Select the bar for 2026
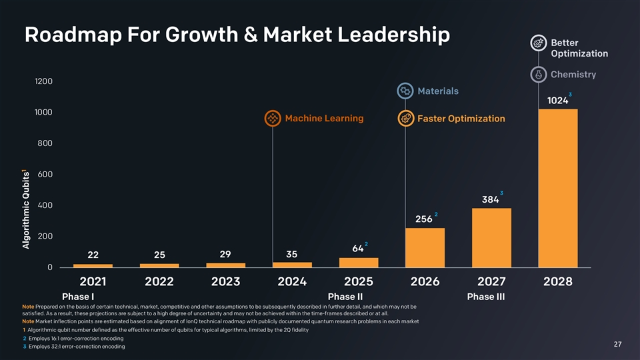(x=425, y=247)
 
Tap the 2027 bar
(x=491, y=237)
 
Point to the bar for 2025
(x=358, y=262)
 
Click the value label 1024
(x=557, y=101)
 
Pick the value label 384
(x=490, y=200)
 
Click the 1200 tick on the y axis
(x=44, y=81)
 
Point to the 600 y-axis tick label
(x=46, y=174)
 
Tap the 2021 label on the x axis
(x=93, y=281)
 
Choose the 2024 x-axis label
(x=292, y=281)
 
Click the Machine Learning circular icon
(x=272, y=119)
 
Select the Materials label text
(x=437, y=91)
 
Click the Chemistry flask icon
(x=539, y=74)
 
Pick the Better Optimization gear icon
(x=539, y=43)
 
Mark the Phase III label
(x=485, y=296)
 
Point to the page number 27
(x=617, y=344)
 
